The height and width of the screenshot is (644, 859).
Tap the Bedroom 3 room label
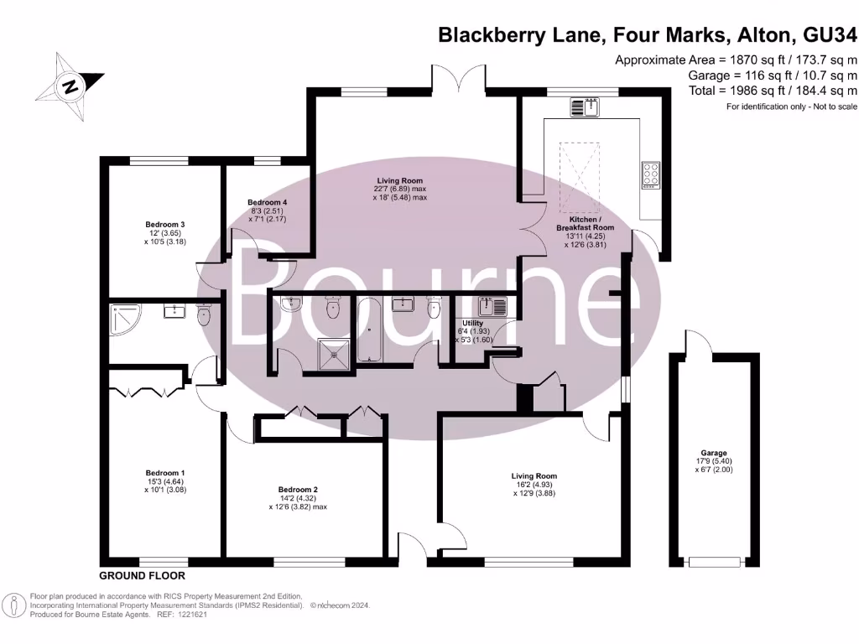click(164, 225)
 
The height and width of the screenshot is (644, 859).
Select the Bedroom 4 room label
click(268, 202)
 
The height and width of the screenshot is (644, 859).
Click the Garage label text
click(714, 453)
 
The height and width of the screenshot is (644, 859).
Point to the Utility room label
click(472, 322)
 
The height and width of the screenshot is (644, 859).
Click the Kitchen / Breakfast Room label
click(586, 222)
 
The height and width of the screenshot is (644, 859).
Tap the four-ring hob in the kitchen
click(652, 174)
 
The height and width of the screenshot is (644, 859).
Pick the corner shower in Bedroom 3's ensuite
click(122, 319)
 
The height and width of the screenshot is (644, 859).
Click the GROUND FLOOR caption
click(142, 576)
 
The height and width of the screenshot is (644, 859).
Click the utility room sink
click(490, 307)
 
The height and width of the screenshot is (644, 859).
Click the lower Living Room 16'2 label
click(534, 476)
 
